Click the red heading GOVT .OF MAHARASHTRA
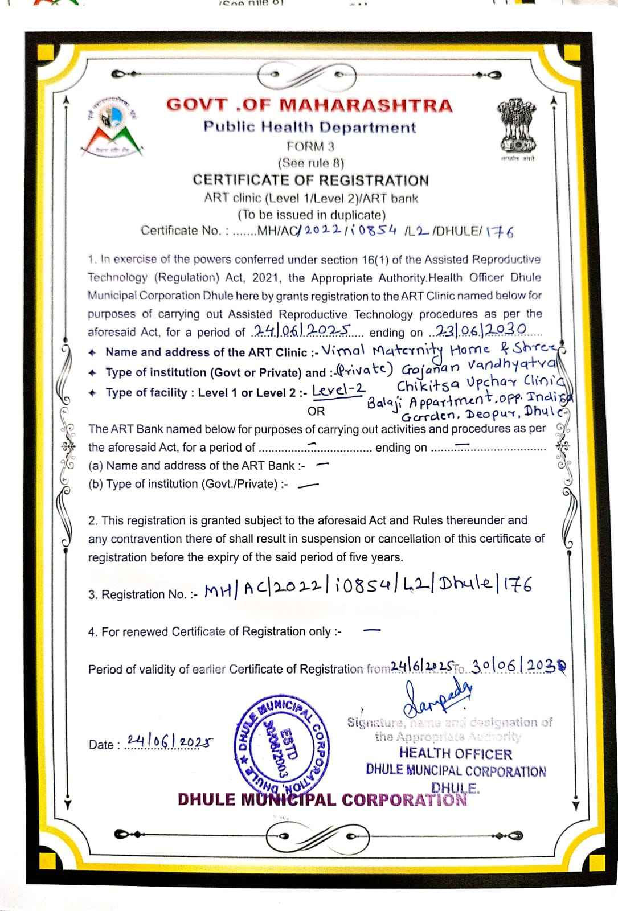click(309, 106)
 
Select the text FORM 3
click(310, 146)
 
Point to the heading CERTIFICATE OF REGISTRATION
click(310, 180)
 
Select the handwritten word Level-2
click(339, 391)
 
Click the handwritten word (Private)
click(363, 371)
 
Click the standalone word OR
click(316, 411)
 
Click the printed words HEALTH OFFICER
click(455, 754)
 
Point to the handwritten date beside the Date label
click(169, 741)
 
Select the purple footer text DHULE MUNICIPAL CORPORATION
click(322, 799)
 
